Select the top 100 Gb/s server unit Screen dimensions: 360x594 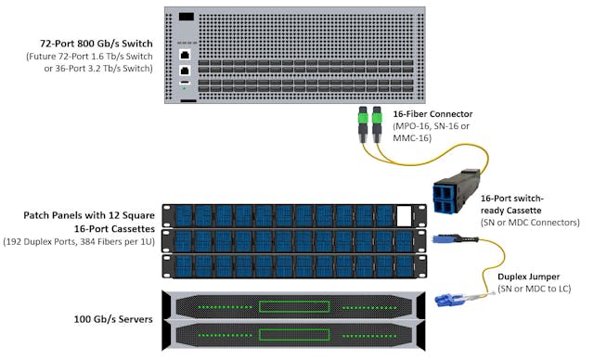tap(288, 304)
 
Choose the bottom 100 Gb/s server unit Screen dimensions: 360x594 tap(288, 333)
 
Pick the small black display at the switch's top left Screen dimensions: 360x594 tap(187, 17)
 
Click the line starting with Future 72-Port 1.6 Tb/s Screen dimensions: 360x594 tap(92, 57)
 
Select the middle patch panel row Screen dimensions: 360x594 tap(288, 240)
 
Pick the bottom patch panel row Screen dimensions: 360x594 tap(288, 265)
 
